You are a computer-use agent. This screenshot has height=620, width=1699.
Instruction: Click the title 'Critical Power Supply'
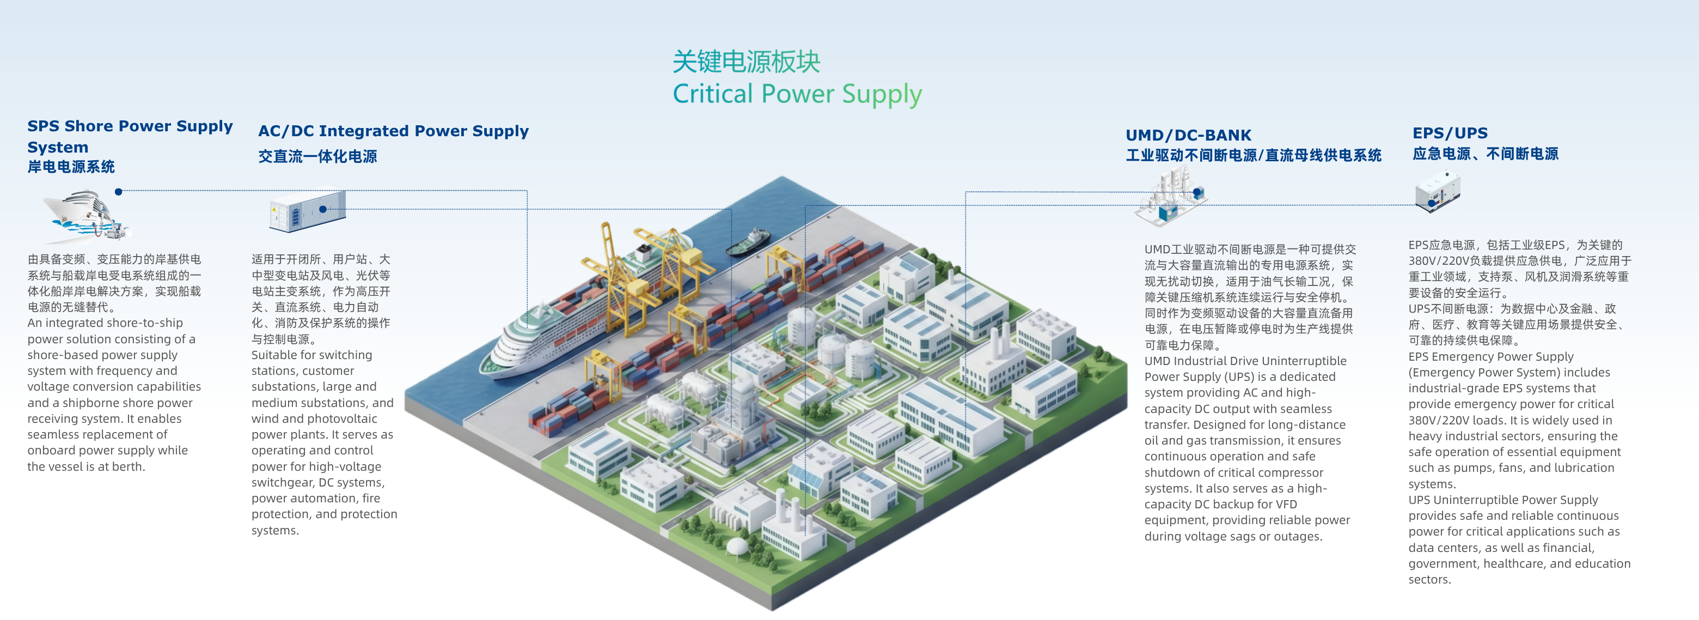pos(797,94)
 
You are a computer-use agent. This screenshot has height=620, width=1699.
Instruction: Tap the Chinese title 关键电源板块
pos(746,62)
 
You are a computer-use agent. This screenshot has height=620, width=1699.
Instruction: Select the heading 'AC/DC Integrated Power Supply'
pos(393,131)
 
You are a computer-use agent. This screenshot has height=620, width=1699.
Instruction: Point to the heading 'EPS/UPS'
pos(1450,133)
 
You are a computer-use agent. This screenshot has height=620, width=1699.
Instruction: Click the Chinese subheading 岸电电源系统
pos(71,167)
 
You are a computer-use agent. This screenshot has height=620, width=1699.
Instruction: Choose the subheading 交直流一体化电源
pos(317,156)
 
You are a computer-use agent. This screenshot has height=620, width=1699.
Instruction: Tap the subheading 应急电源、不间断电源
pos(1486,154)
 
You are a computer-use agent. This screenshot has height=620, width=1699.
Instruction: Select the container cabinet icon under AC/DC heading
pos(307,211)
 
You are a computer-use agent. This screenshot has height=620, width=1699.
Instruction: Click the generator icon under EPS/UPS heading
pos(1438,192)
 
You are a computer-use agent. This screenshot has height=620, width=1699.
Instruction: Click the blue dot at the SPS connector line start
pos(119,192)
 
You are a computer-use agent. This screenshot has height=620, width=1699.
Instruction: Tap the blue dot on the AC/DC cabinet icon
pos(322,209)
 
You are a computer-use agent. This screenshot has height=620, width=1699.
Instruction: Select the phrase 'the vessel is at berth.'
pos(87,467)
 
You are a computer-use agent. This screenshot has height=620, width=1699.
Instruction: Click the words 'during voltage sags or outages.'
pos(1233,536)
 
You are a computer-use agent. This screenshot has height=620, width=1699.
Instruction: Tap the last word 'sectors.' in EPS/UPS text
pos(1429,580)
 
